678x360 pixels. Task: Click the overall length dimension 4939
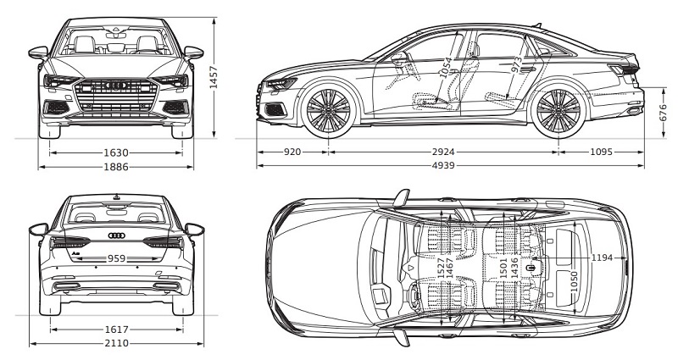pyautogui.click(x=443, y=165)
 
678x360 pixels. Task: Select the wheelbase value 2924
pyautogui.click(x=443, y=152)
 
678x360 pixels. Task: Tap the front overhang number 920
pyautogui.click(x=292, y=152)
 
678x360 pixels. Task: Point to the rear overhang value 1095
pyautogui.click(x=601, y=152)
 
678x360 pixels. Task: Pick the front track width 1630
pyautogui.click(x=116, y=152)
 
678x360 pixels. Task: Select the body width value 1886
pyautogui.click(x=116, y=166)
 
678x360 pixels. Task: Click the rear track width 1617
pyautogui.click(x=116, y=330)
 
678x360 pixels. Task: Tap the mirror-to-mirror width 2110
pyautogui.click(x=116, y=343)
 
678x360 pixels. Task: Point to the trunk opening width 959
pyautogui.click(x=116, y=258)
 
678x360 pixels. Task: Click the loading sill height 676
pyautogui.click(x=664, y=113)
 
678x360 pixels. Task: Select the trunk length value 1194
pyautogui.click(x=602, y=258)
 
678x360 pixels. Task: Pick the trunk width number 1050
pyautogui.click(x=575, y=282)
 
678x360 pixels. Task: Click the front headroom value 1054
pyautogui.click(x=447, y=68)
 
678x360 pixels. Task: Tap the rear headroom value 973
pyautogui.click(x=516, y=64)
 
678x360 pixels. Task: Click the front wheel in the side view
pyautogui.click(x=329, y=111)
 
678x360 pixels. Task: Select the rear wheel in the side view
pyautogui.click(x=559, y=111)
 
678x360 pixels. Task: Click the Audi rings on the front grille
pyautogui.click(x=116, y=86)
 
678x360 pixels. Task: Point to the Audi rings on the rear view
pyautogui.click(x=116, y=235)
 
